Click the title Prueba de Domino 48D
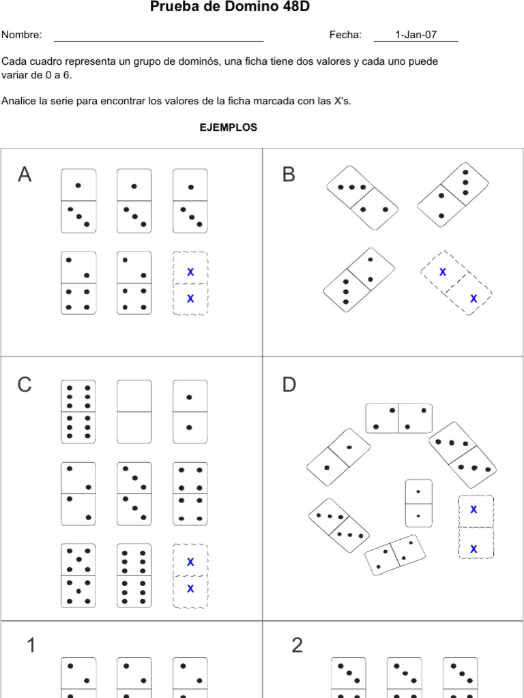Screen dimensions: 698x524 pyautogui.click(x=224, y=7)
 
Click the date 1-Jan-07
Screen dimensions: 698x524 pyautogui.click(x=416, y=35)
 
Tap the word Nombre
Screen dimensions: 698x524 pyautogui.click(x=21, y=35)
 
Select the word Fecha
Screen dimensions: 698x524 pyautogui.click(x=345, y=35)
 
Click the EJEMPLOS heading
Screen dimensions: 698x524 pyautogui.click(x=229, y=127)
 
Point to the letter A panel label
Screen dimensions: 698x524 pyautogui.click(x=25, y=175)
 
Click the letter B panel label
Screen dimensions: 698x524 pyautogui.click(x=289, y=175)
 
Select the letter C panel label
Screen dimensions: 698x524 pyautogui.click(x=25, y=385)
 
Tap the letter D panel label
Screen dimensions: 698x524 pyautogui.click(x=289, y=385)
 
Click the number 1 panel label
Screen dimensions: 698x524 pyautogui.click(x=31, y=645)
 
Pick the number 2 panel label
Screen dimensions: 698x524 pyautogui.click(x=297, y=645)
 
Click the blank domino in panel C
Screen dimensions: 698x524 pyautogui.click(x=134, y=412)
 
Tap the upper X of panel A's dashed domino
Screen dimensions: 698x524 pyautogui.click(x=190, y=272)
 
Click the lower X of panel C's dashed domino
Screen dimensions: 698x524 pyautogui.click(x=190, y=588)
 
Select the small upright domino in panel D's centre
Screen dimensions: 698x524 pyautogui.click(x=418, y=503)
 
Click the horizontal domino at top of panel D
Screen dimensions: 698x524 pyautogui.click(x=398, y=419)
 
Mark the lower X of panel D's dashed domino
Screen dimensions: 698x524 pyautogui.click(x=474, y=549)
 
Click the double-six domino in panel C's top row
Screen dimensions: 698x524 pyautogui.click(x=78, y=412)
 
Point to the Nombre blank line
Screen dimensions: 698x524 pyautogui.click(x=158, y=40)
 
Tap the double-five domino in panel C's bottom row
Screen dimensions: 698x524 pyautogui.click(x=78, y=575)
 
